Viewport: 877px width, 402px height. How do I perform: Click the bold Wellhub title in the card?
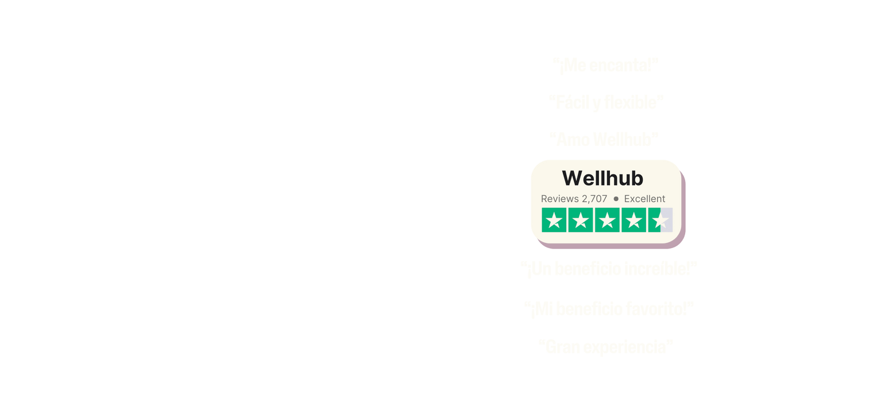pyautogui.click(x=602, y=178)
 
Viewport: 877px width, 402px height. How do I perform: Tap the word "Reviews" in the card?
pyautogui.click(x=559, y=199)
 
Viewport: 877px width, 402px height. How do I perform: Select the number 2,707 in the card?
pyautogui.click(x=594, y=199)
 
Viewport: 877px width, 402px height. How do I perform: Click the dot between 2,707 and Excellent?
pyautogui.click(x=616, y=199)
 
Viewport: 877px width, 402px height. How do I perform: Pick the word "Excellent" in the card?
pyautogui.click(x=644, y=199)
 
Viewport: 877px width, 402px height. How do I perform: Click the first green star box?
pyautogui.click(x=554, y=220)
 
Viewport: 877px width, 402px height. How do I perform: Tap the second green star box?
pyautogui.click(x=581, y=220)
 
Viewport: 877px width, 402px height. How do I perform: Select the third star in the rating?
pyautogui.click(x=607, y=220)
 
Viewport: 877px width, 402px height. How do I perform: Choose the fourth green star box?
pyautogui.click(x=633, y=220)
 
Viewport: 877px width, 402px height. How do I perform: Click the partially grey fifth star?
pyautogui.click(x=660, y=220)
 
